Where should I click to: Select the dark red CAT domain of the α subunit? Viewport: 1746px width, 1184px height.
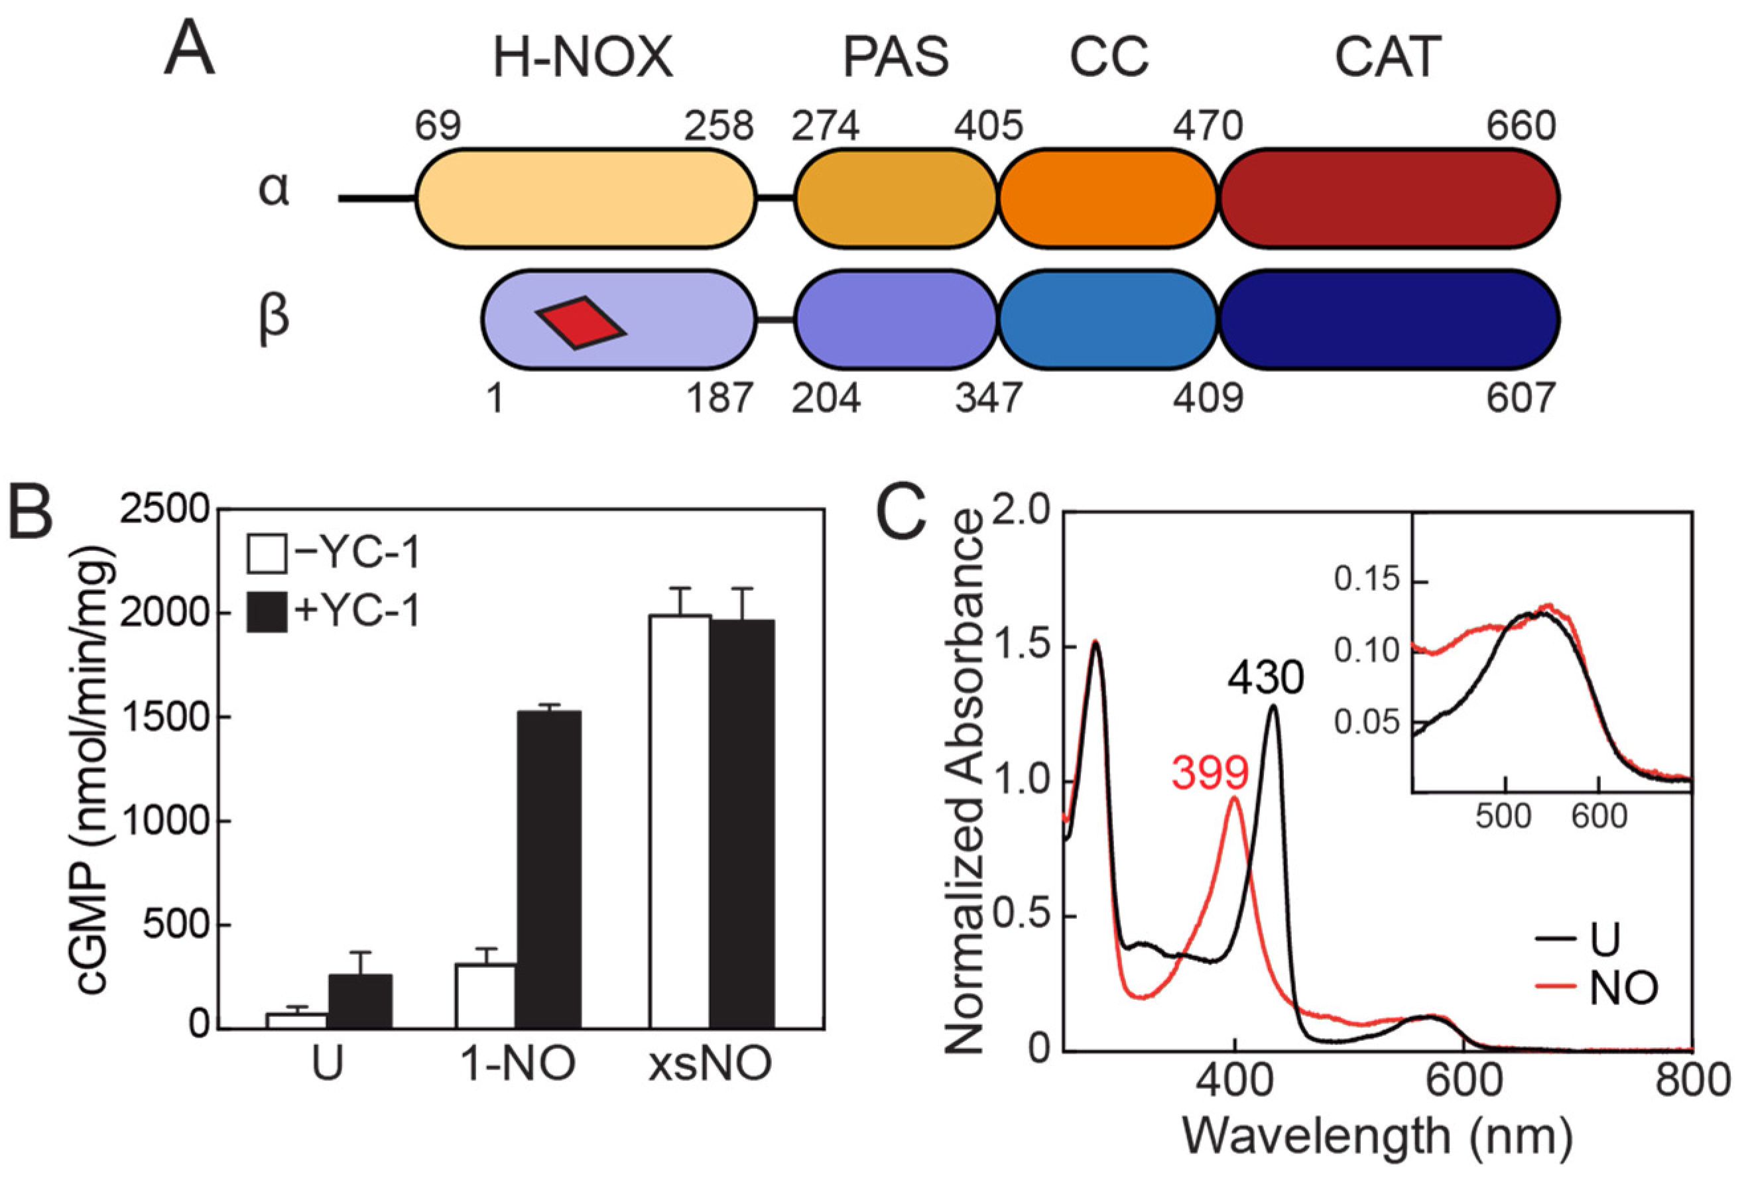[1389, 199]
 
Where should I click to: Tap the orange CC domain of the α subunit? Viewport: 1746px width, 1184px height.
[1107, 199]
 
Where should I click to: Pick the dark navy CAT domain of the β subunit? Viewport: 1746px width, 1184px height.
[1389, 320]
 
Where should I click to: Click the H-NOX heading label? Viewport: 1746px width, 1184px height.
[582, 58]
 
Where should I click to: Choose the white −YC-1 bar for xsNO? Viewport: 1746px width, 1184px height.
[680, 823]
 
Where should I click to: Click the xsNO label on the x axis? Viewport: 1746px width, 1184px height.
[710, 1064]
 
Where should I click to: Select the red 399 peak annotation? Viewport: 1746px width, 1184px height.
[1210, 773]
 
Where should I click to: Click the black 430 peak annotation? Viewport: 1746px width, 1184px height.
[1266, 679]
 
